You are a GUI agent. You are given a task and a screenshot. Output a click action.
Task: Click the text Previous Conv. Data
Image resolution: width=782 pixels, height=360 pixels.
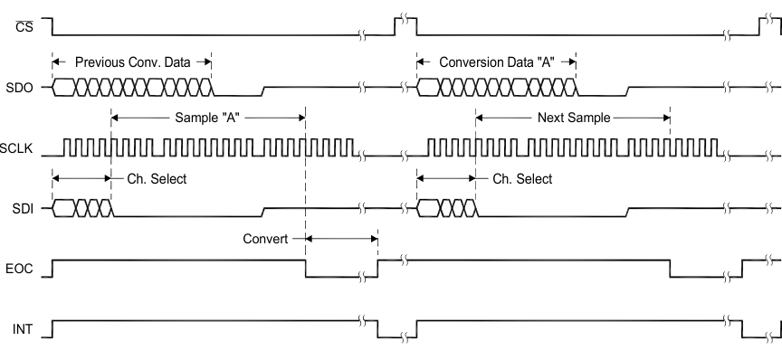click(131, 62)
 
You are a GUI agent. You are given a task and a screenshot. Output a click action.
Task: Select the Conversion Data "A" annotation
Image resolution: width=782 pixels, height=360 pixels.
click(495, 62)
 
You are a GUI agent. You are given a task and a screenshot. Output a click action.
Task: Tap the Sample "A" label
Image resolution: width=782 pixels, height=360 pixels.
click(207, 118)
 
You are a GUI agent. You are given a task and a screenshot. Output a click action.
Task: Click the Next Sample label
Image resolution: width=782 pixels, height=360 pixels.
click(572, 118)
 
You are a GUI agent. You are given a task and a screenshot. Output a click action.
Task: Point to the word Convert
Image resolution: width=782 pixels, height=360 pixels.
click(265, 241)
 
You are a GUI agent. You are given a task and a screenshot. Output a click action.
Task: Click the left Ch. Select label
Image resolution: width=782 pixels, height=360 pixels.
click(156, 179)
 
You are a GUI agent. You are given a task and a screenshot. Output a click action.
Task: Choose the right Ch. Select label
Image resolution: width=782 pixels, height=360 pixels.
click(521, 179)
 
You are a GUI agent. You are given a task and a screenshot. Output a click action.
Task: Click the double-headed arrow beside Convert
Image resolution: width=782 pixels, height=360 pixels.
click(341, 240)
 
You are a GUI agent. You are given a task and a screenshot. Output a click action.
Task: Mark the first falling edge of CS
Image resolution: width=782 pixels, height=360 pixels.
click(52, 26)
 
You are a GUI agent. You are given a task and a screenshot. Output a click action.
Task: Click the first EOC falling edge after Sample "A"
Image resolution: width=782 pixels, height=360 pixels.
click(306, 269)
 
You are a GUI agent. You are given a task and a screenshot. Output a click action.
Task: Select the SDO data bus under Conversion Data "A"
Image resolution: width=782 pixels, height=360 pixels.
click(496, 88)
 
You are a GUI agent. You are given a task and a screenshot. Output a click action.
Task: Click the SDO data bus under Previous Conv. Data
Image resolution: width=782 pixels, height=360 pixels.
click(132, 88)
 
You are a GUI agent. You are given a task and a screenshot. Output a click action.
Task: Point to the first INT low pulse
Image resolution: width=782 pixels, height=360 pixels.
click(390, 336)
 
